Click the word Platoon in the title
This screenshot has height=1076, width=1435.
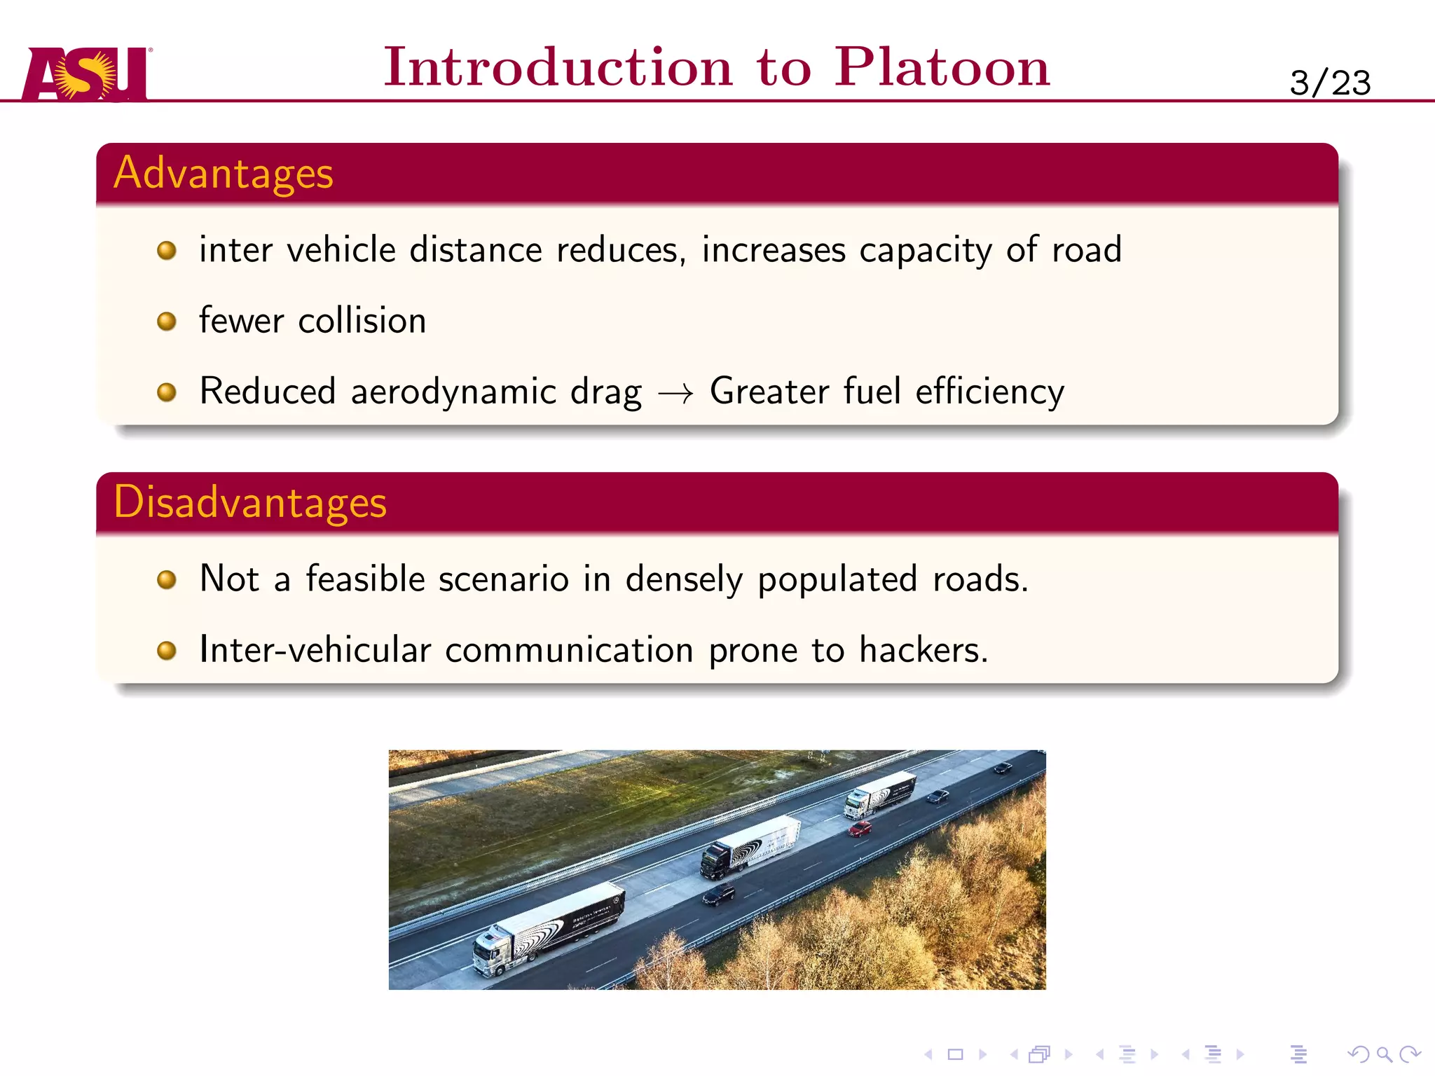click(942, 67)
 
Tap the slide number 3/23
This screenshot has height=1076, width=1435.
click(1329, 83)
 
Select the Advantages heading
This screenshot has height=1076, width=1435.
click(224, 173)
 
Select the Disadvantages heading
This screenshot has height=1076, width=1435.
click(250, 502)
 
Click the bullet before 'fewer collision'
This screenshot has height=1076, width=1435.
click(166, 322)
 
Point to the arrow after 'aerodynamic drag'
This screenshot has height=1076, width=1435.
click(675, 394)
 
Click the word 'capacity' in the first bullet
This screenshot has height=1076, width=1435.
click(925, 251)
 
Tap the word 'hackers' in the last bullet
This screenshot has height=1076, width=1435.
click(919, 649)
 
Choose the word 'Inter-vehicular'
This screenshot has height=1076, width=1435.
click(315, 649)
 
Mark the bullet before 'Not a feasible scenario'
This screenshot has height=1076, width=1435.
click(166, 580)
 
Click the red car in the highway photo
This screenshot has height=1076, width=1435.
click(860, 829)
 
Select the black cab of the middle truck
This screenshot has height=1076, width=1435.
click(716, 860)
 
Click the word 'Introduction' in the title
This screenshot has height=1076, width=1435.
click(558, 67)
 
